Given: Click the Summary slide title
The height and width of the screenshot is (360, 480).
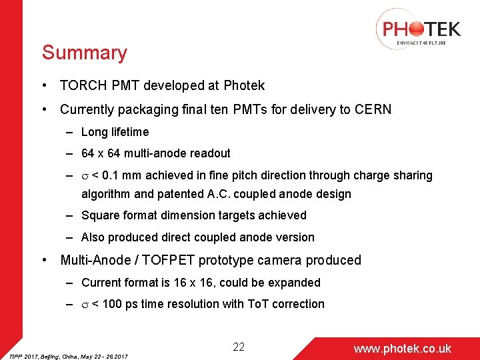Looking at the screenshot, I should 84,53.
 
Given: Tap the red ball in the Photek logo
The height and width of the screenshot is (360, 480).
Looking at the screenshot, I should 415,29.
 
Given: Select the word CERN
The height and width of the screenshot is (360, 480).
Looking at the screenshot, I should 373,109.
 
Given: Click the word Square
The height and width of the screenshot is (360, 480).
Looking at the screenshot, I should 101,215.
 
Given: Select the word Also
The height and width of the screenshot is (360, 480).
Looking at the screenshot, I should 93,237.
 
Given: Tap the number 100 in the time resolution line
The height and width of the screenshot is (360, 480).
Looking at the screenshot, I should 115,304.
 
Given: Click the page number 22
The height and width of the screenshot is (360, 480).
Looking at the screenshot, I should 239,347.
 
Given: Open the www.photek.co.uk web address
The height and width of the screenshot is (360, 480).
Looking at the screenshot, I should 402,349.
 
